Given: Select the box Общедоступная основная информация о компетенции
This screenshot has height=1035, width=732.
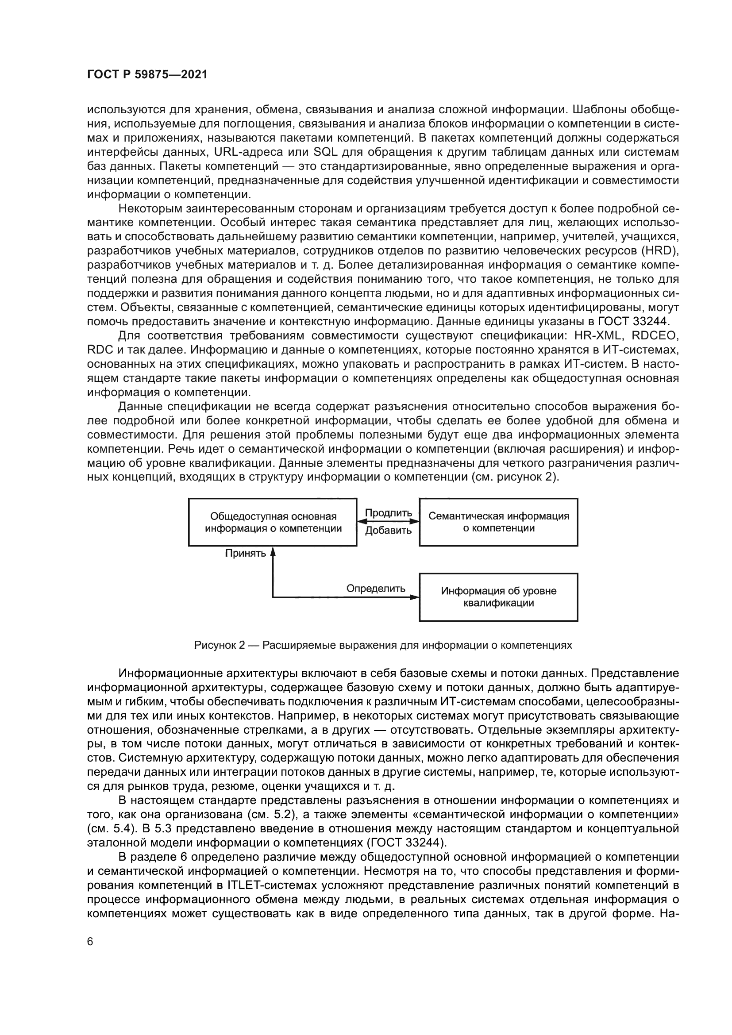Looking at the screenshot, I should click(273, 522).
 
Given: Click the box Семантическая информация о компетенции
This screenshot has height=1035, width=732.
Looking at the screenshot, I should click(498, 522).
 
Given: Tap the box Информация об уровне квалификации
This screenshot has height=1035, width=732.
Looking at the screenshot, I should click(498, 597).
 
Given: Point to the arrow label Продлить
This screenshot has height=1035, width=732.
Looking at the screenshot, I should click(388, 513).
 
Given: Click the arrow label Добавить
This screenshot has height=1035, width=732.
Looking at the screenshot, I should click(388, 531).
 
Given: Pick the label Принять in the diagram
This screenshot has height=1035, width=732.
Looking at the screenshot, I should click(246, 553).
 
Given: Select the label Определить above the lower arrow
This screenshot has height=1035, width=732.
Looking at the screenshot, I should click(375, 588).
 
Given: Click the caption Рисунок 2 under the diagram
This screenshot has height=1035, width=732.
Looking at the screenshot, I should click(383, 645).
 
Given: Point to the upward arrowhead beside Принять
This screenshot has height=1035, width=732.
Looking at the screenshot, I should click(273, 552).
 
